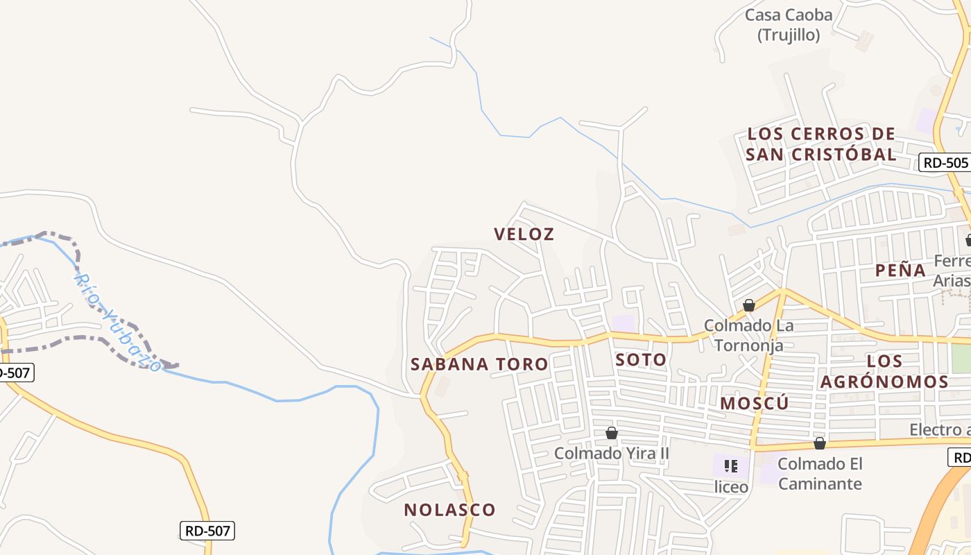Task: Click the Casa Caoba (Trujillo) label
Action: (x=788, y=24)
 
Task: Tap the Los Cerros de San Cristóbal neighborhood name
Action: (x=821, y=144)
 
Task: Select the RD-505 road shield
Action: (x=944, y=163)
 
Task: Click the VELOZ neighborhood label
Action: (x=524, y=234)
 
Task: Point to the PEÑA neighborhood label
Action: (x=900, y=271)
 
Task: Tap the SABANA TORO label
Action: (x=479, y=364)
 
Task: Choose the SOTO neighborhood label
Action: (x=641, y=360)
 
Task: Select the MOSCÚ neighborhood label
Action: (x=755, y=404)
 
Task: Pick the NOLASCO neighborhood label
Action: (x=450, y=510)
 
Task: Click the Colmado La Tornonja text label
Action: (x=748, y=335)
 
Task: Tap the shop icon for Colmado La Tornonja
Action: (x=749, y=305)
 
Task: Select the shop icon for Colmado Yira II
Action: (x=612, y=433)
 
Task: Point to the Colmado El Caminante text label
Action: (x=820, y=474)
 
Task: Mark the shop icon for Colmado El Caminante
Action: (x=820, y=443)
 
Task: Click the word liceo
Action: (x=731, y=487)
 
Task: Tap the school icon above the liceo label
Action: (x=730, y=466)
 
